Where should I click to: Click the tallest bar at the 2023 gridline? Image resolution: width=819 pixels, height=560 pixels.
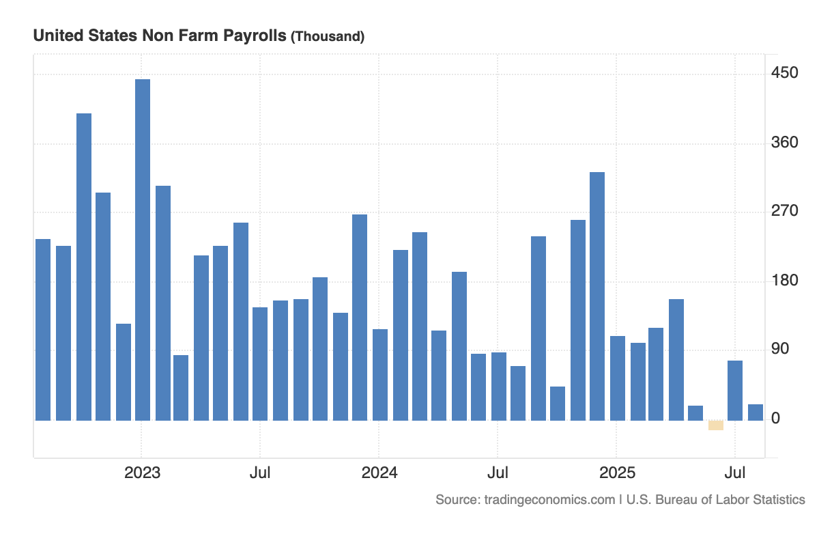(143, 249)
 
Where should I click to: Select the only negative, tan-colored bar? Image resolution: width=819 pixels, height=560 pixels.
(715, 425)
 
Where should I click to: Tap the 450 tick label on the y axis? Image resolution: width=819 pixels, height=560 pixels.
(784, 73)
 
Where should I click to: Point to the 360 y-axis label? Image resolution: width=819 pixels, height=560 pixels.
(784, 143)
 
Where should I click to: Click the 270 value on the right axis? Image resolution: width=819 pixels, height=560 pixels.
(784, 211)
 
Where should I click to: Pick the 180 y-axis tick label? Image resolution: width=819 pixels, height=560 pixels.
(784, 281)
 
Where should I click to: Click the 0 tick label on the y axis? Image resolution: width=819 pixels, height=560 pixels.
(775, 419)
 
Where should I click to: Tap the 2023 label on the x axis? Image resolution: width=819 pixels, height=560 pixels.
(142, 473)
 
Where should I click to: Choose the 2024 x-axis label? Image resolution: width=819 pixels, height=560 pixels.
(379, 473)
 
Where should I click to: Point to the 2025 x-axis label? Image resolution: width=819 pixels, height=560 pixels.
(616, 473)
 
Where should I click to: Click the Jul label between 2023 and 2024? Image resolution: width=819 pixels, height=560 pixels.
(259, 473)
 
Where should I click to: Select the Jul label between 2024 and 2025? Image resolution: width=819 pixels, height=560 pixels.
(498, 473)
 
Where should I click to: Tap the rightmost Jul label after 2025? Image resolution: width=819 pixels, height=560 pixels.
(734, 473)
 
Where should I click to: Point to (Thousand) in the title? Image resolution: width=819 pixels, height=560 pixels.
(328, 37)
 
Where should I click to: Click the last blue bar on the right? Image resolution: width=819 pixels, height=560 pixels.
(755, 412)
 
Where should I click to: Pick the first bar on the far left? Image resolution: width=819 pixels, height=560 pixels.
(43, 330)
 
